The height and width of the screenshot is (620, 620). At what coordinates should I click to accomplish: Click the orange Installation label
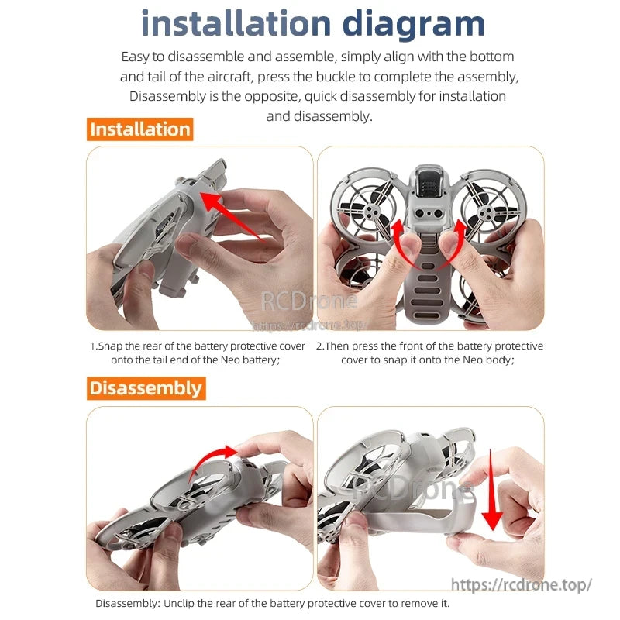[140, 129]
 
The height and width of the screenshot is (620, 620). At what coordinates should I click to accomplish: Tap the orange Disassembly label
[146, 388]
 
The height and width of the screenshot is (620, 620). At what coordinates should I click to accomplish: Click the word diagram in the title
[414, 25]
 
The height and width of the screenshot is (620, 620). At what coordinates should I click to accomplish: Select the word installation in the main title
[236, 24]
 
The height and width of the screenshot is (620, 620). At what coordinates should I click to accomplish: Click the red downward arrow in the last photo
[492, 490]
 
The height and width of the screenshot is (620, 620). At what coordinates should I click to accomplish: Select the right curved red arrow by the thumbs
[455, 245]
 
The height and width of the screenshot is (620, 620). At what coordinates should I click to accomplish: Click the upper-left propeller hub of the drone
[370, 212]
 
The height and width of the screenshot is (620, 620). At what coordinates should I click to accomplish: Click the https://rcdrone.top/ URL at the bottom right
[521, 584]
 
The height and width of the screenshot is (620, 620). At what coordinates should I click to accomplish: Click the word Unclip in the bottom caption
[179, 604]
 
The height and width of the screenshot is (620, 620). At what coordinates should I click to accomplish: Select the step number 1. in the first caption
[94, 346]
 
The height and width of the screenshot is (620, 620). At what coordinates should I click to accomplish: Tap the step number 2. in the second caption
[320, 346]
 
